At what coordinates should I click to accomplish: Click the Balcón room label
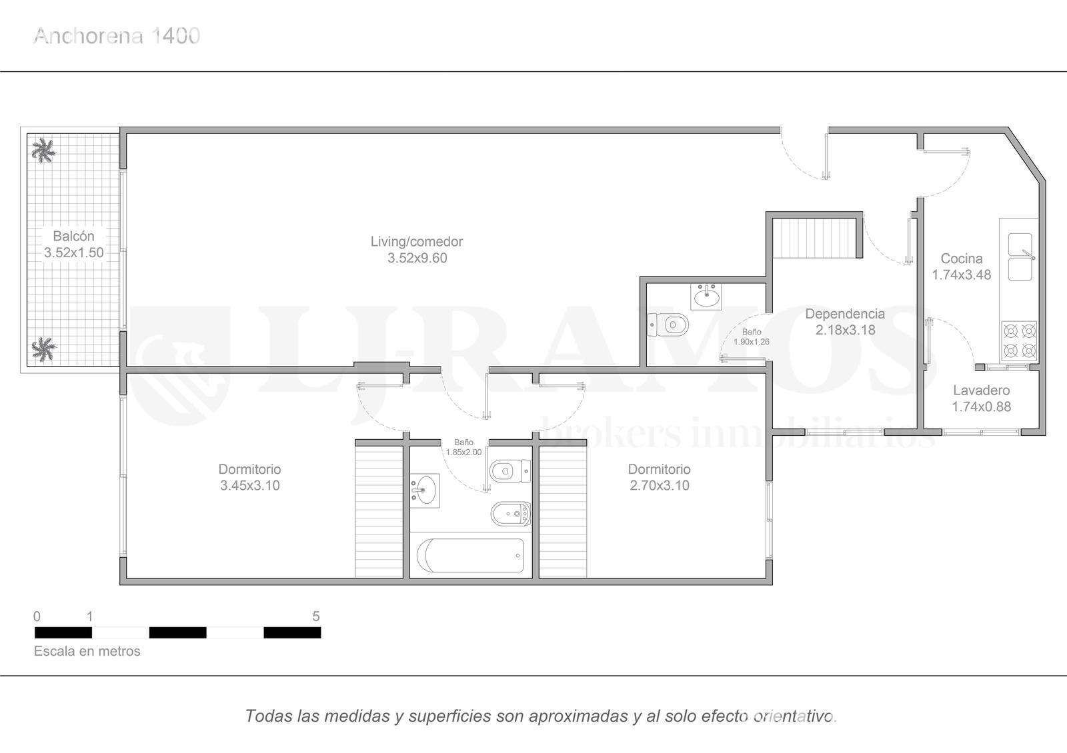coord(74,244)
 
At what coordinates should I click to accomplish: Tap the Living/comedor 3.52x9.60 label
coord(417,250)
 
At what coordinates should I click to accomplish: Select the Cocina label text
coord(961,267)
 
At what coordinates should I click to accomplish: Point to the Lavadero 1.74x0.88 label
coord(981,398)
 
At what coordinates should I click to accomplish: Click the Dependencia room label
coord(845,322)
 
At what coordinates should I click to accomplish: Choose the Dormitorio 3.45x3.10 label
coord(249,477)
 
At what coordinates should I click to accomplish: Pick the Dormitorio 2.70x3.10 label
coord(660,477)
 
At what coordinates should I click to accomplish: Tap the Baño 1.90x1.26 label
coord(752,337)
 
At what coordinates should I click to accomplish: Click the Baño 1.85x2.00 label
coord(463,447)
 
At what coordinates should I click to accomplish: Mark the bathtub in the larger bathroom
coord(470,556)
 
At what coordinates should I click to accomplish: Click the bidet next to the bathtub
coord(511,514)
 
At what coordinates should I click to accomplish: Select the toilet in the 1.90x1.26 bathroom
coord(668,325)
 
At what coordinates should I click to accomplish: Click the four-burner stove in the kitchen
coord(1020,341)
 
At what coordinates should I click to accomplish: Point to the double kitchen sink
coord(1020,257)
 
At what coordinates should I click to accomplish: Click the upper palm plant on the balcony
coord(44,151)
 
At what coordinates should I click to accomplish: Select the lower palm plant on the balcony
coord(44,349)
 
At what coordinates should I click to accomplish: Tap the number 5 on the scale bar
coord(316,616)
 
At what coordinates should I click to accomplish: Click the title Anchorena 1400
coord(117,36)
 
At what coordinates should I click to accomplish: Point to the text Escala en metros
coord(87,651)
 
